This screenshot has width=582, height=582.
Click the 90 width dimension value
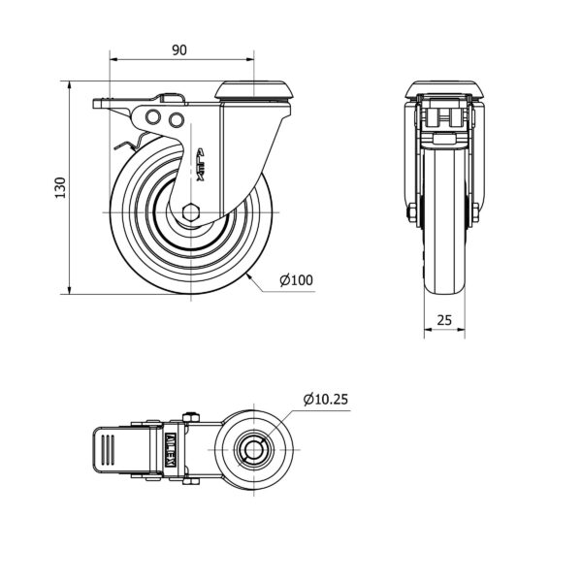point(179,50)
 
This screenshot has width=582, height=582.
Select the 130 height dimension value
point(60,188)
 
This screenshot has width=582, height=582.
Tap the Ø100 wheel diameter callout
point(296,280)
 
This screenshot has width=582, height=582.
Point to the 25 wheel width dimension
point(444,319)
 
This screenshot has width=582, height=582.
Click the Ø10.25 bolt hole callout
point(326,399)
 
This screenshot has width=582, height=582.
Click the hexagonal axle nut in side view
point(191,212)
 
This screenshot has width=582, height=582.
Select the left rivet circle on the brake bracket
point(153,117)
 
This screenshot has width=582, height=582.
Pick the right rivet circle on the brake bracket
point(177,119)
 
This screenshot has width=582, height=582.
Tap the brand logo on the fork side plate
point(201,166)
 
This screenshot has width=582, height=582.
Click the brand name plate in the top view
point(171,450)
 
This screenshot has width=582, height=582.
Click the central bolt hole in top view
point(254,450)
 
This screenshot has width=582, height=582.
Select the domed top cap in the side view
point(253,90)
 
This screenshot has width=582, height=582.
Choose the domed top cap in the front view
point(444,90)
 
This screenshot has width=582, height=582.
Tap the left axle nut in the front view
point(411,213)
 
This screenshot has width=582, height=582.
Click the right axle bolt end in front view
point(476,213)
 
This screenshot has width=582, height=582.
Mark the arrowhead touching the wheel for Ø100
point(248,275)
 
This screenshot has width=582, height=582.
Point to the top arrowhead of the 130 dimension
point(70,84)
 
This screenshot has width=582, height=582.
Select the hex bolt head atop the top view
point(191,417)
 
